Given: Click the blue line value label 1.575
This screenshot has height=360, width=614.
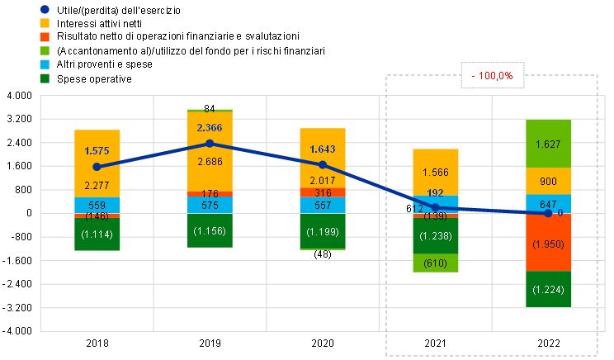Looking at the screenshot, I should (x=97, y=151).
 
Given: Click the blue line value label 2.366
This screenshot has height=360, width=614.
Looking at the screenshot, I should (x=210, y=127).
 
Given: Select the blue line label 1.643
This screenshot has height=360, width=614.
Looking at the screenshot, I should (x=323, y=149).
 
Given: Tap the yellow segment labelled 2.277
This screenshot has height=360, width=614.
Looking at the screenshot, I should (x=97, y=185).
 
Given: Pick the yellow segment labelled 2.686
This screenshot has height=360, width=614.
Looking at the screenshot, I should (x=210, y=162).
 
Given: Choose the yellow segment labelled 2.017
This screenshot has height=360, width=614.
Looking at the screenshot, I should (x=323, y=180).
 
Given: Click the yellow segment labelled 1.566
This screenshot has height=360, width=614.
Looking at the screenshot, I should (x=436, y=172).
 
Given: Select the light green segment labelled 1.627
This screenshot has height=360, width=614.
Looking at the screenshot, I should (x=548, y=144).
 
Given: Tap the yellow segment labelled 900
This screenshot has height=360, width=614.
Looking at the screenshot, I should (x=548, y=182).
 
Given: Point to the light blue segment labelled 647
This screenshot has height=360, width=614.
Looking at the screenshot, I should (x=548, y=203).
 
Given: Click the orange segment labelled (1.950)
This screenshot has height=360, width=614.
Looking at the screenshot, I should (x=548, y=244).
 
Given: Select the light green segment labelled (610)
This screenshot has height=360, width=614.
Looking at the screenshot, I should (x=436, y=263).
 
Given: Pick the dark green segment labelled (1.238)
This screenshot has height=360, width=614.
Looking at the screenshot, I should (x=436, y=236).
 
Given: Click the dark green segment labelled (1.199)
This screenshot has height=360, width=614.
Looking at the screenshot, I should (x=323, y=231).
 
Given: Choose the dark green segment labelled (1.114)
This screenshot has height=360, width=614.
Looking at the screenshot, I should (x=97, y=234).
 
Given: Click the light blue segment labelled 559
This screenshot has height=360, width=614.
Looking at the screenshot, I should (x=97, y=206).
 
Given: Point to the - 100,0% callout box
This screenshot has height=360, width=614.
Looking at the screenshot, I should (x=493, y=76).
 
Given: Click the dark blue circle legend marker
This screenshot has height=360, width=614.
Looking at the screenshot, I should (x=45, y=9).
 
